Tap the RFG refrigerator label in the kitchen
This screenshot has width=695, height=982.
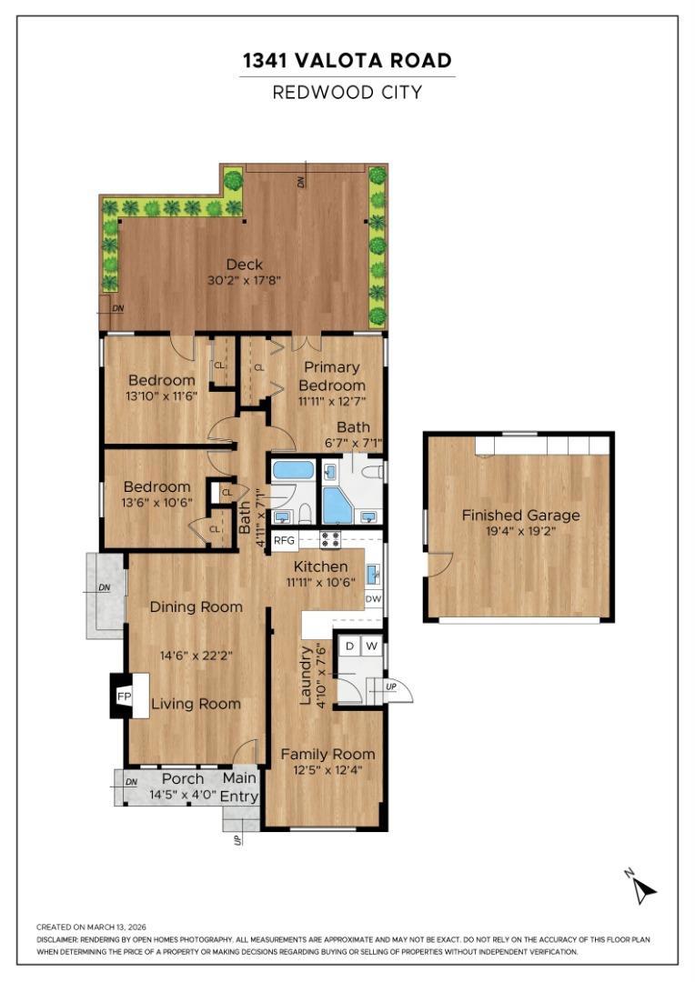tap(284, 541)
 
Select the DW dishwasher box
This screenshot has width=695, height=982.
tap(373, 598)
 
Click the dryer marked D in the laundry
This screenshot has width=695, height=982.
tap(350, 646)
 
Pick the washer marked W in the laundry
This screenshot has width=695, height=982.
tap(372, 646)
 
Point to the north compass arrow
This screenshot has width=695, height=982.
tap(641, 888)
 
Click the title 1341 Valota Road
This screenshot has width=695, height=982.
tap(347, 61)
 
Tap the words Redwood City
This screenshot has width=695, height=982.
tap(347, 93)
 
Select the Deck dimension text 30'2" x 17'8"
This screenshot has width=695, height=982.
tap(244, 281)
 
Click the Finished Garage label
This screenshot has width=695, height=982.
tap(520, 516)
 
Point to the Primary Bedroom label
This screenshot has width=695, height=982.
tap(331, 376)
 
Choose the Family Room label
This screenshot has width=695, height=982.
tap(327, 754)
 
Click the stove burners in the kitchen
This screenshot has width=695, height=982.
tap(330, 539)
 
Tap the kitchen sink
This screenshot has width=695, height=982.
tap(373, 573)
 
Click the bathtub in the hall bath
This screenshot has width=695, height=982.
tap(294, 470)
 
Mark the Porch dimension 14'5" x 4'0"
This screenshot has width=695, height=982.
tap(183, 796)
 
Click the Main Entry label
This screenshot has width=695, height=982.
tap(239, 787)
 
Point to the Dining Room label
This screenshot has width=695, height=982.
tap(196, 606)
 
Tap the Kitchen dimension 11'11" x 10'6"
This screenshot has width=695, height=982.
tap(321, 582)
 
